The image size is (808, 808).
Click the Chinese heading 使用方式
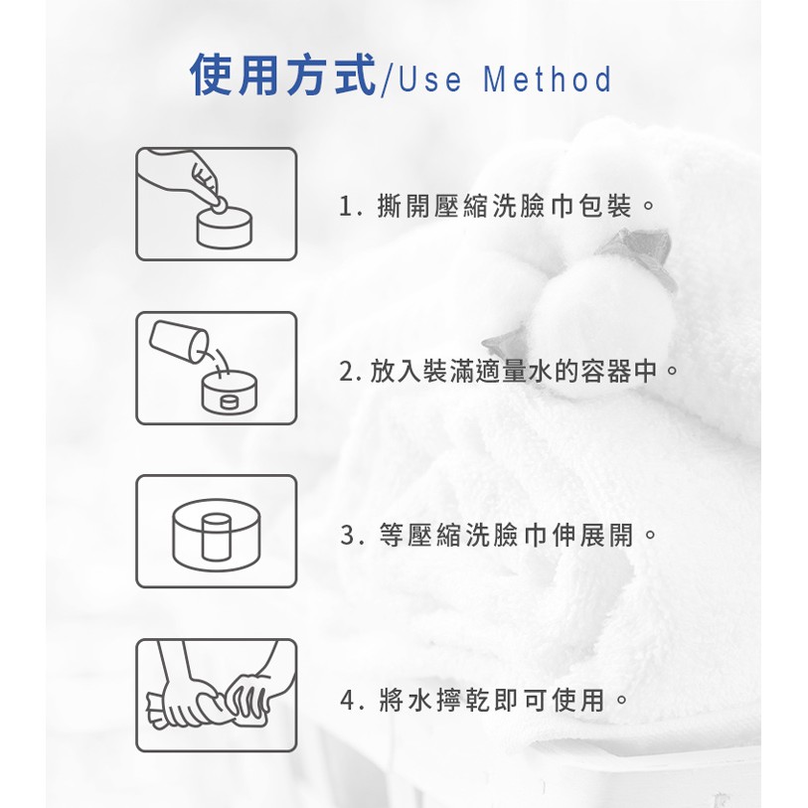283,76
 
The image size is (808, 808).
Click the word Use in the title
429,80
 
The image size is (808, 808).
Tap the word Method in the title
548,80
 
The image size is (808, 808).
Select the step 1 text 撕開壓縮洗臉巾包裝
504,206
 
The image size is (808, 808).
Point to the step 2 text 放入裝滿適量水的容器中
514,371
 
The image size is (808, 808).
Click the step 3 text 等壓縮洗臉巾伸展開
507,535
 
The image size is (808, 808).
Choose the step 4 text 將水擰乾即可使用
492,700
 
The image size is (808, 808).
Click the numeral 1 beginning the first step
345,207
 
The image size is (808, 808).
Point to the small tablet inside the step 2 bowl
229,402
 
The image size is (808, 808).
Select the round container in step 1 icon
225,227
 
